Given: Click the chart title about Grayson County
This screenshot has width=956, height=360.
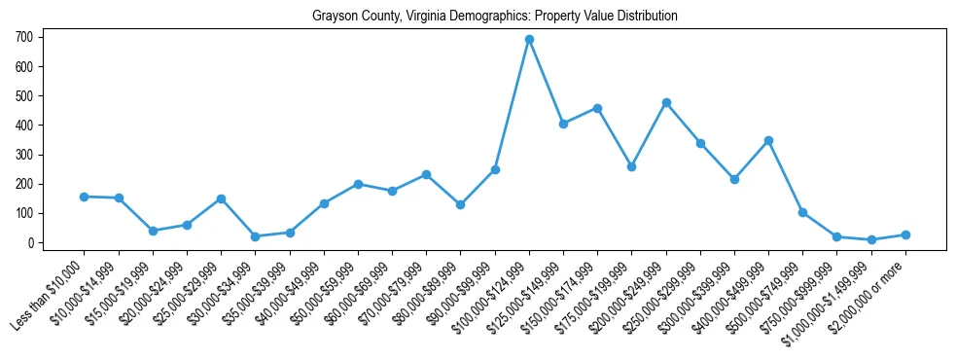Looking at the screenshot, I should (x=494, y=17).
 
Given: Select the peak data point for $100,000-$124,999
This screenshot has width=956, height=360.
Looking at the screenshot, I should (x=529, y=40).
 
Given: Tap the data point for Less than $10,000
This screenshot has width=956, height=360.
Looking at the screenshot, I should (x=85, y=197).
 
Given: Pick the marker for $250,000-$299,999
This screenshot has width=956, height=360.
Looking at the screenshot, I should (x=700, y=143).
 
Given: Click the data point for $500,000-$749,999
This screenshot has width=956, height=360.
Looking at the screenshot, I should (x=802, y=212).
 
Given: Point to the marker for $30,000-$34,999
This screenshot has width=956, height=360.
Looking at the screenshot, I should (x=255, y=236).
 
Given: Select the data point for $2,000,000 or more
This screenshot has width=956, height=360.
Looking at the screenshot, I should (x=905, y=234).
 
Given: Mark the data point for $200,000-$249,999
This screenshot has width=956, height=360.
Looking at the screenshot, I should (x=666, y=102).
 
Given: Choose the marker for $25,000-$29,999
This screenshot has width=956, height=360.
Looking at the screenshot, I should (x=221, y=198).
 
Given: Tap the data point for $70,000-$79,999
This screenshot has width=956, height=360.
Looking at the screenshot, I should (x=426, y=174).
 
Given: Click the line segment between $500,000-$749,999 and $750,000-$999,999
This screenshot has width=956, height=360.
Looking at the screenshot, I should (x=820, y=225).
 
